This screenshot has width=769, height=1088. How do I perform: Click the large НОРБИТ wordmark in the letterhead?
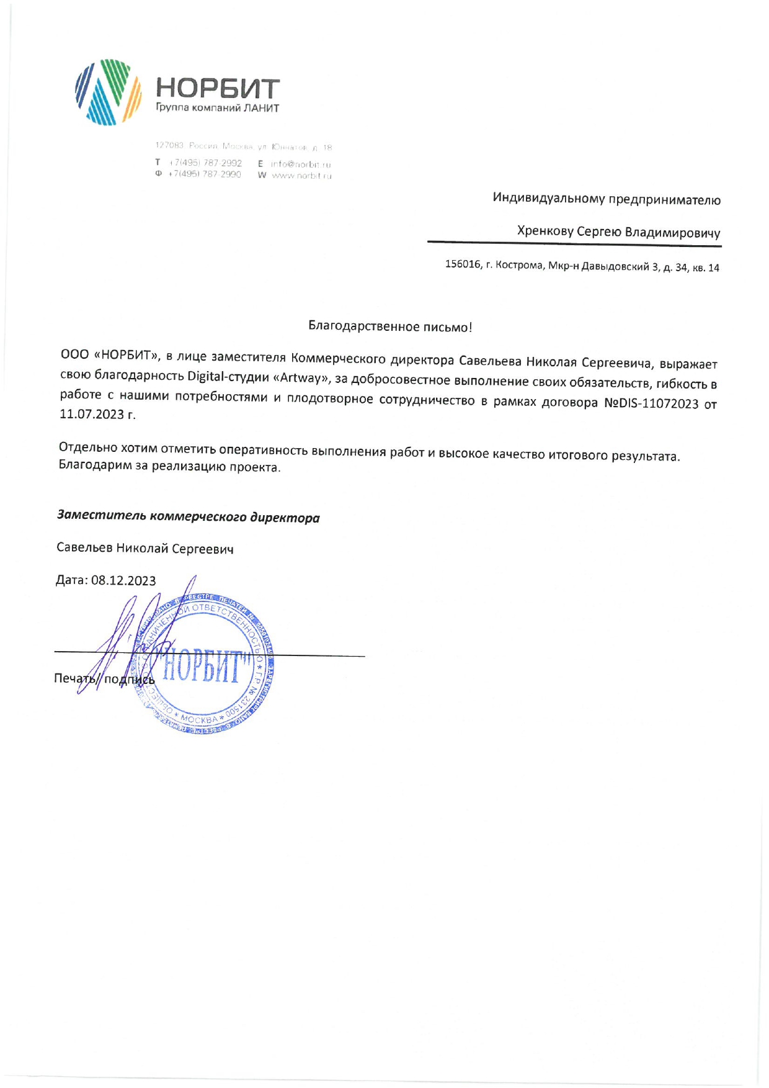(217, 89)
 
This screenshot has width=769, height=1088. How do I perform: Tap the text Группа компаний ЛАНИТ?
(217, 108)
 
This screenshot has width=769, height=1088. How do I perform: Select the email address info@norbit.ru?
(301, 164)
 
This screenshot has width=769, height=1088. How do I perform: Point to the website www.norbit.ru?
(301, 176)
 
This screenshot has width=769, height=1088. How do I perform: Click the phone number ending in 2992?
(205, 163)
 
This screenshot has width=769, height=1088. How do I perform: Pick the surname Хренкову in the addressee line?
(545, 232)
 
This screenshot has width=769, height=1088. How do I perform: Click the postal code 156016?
(463, 264)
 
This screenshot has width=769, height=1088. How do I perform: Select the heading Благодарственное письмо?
(390, 327)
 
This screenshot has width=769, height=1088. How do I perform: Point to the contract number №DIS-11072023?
(651, 403)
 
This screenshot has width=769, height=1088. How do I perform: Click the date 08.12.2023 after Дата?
(123, 580)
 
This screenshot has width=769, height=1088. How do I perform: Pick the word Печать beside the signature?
(73, 678)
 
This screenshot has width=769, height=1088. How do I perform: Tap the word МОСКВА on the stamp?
(199, 719)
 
